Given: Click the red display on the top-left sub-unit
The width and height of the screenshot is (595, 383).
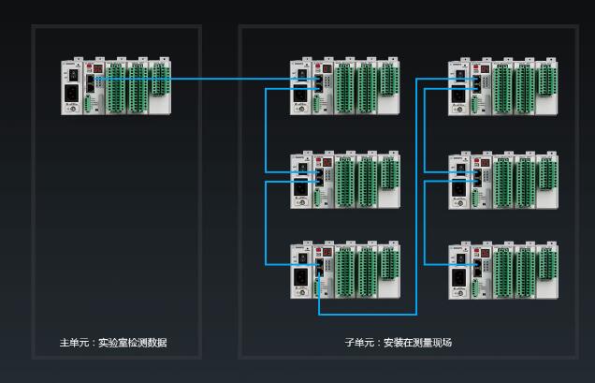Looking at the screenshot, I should pyautogui.click(x=319, y=68).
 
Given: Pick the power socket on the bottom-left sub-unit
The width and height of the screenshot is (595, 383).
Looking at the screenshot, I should pyautogui.click(x=301, y=277).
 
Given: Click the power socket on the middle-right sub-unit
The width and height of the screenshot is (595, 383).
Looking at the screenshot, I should pyautogui.click(x=459, y=186).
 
